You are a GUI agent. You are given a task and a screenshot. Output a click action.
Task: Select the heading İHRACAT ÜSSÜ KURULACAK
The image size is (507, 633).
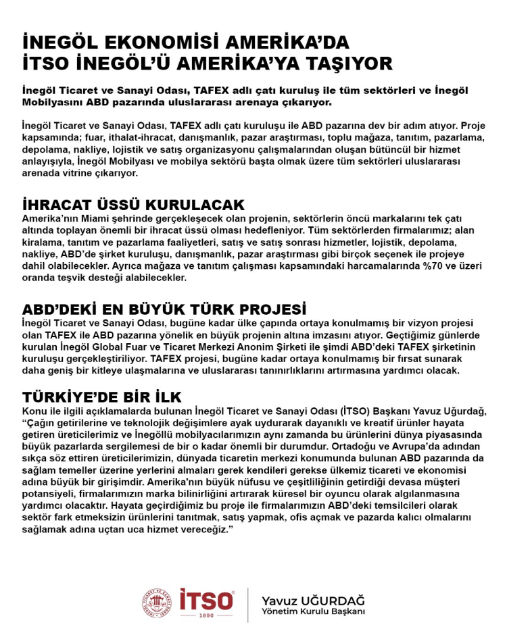coord(133,205)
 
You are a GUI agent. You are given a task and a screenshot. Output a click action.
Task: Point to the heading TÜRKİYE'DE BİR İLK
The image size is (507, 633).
coord(101,397)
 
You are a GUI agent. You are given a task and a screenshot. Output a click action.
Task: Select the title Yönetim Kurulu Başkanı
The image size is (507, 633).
coord(313,612)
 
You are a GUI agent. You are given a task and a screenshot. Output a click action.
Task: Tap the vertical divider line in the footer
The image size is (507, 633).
coord(248,605)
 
